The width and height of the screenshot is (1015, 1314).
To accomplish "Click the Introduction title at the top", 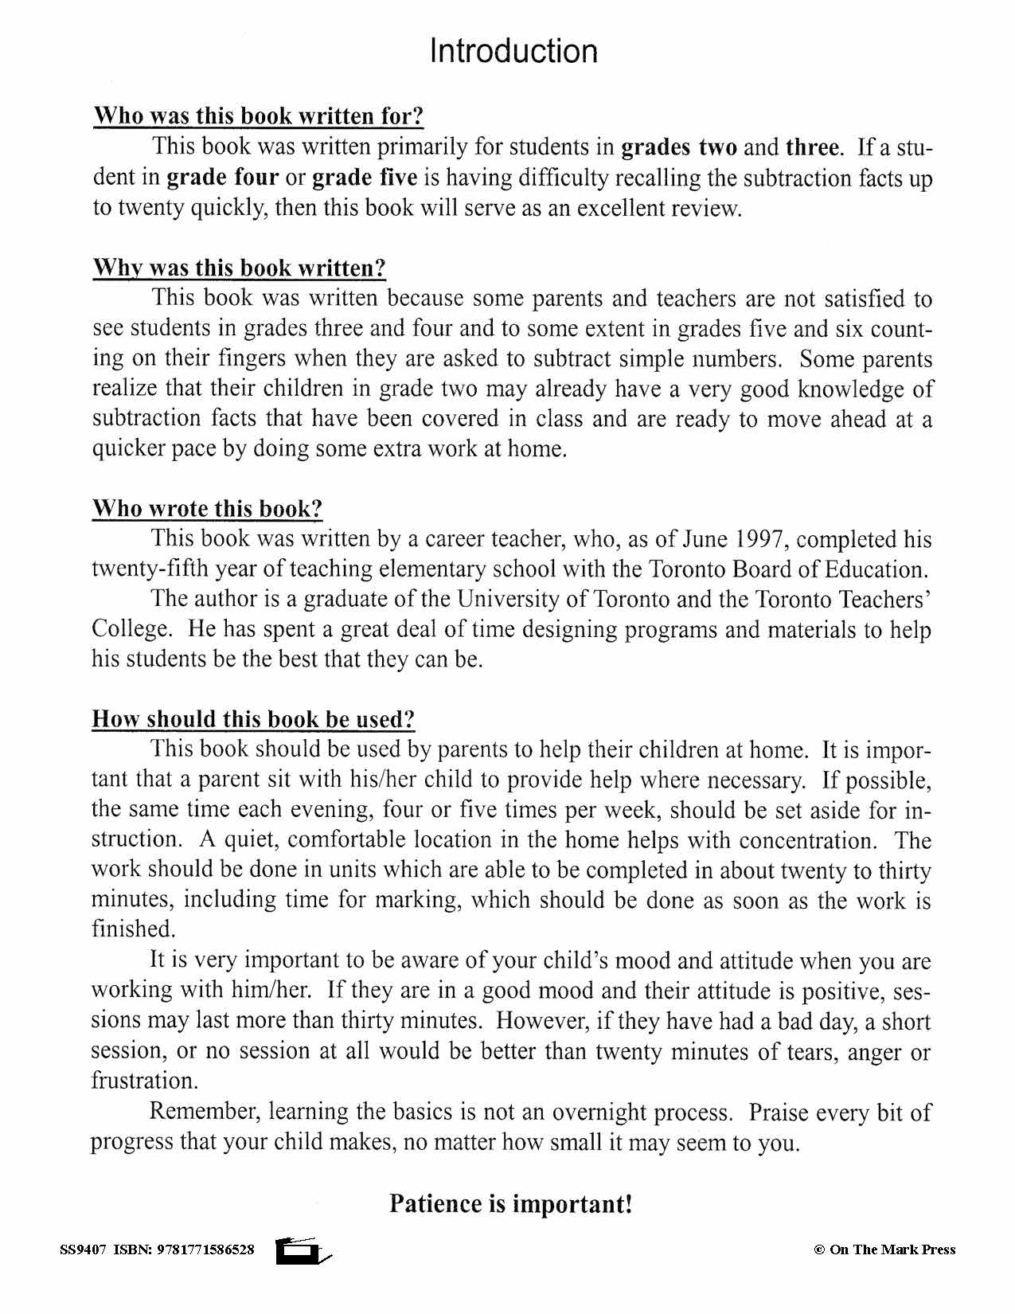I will click(513, 51).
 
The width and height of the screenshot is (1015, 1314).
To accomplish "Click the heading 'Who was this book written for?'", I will click(258, 116).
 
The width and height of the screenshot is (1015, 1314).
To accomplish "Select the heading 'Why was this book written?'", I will click(239, 268).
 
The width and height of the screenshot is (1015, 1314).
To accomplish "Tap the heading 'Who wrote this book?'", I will click(207, 509).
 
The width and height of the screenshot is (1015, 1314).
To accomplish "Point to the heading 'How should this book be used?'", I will click(253, 719).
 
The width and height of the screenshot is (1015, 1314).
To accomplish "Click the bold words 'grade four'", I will click(222, 177).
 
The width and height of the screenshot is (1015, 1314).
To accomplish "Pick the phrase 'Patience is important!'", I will click(510, 1203).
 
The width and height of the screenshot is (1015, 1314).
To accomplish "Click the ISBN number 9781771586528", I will click(206, 1249).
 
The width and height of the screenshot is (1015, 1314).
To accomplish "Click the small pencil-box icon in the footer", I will click(301, 1251).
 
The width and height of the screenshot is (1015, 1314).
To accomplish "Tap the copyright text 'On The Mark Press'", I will click(892, 1249).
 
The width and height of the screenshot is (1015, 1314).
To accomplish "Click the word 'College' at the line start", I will click(130, 629).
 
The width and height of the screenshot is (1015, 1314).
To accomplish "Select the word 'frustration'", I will click(142, 1081).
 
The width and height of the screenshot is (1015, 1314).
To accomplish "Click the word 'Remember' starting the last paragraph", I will click(205, 1112).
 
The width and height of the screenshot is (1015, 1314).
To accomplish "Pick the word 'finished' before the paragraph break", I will click(131, 929).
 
